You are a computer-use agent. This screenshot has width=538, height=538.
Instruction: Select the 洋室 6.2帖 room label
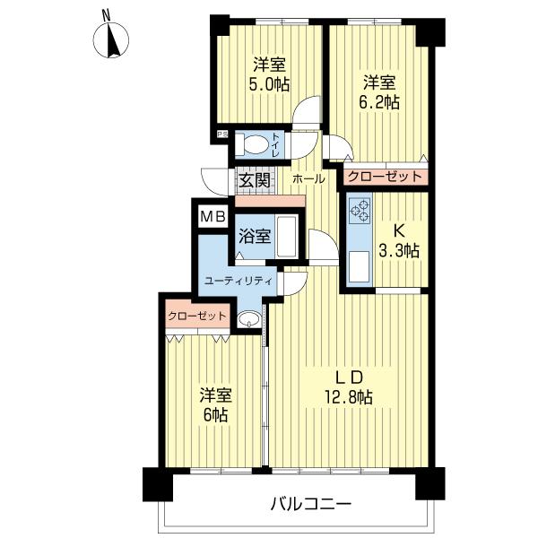tap(381, 92)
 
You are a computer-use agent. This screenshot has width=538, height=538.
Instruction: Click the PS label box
tap(221, 135)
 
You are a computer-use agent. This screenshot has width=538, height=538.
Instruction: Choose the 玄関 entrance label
tap(254, 179)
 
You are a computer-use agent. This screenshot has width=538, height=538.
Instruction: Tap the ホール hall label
tap(308, 179)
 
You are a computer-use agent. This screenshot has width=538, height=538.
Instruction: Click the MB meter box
tap(213, 216)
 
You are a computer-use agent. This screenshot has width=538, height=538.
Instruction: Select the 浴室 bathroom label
tap(255, 238)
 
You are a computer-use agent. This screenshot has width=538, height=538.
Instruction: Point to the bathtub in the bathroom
tap(286, 236)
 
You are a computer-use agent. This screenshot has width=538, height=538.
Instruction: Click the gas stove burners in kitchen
tap(360, 211)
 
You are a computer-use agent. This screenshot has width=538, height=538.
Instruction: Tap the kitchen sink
tap(360, 265)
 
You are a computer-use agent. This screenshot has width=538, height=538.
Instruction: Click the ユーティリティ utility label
tap(238, 281)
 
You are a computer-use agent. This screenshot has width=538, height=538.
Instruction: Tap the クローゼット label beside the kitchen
tap(384, 177)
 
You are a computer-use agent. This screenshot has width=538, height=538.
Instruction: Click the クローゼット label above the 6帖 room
tap(196, 317)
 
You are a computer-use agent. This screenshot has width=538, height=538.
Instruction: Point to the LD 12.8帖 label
tap(349, 386)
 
